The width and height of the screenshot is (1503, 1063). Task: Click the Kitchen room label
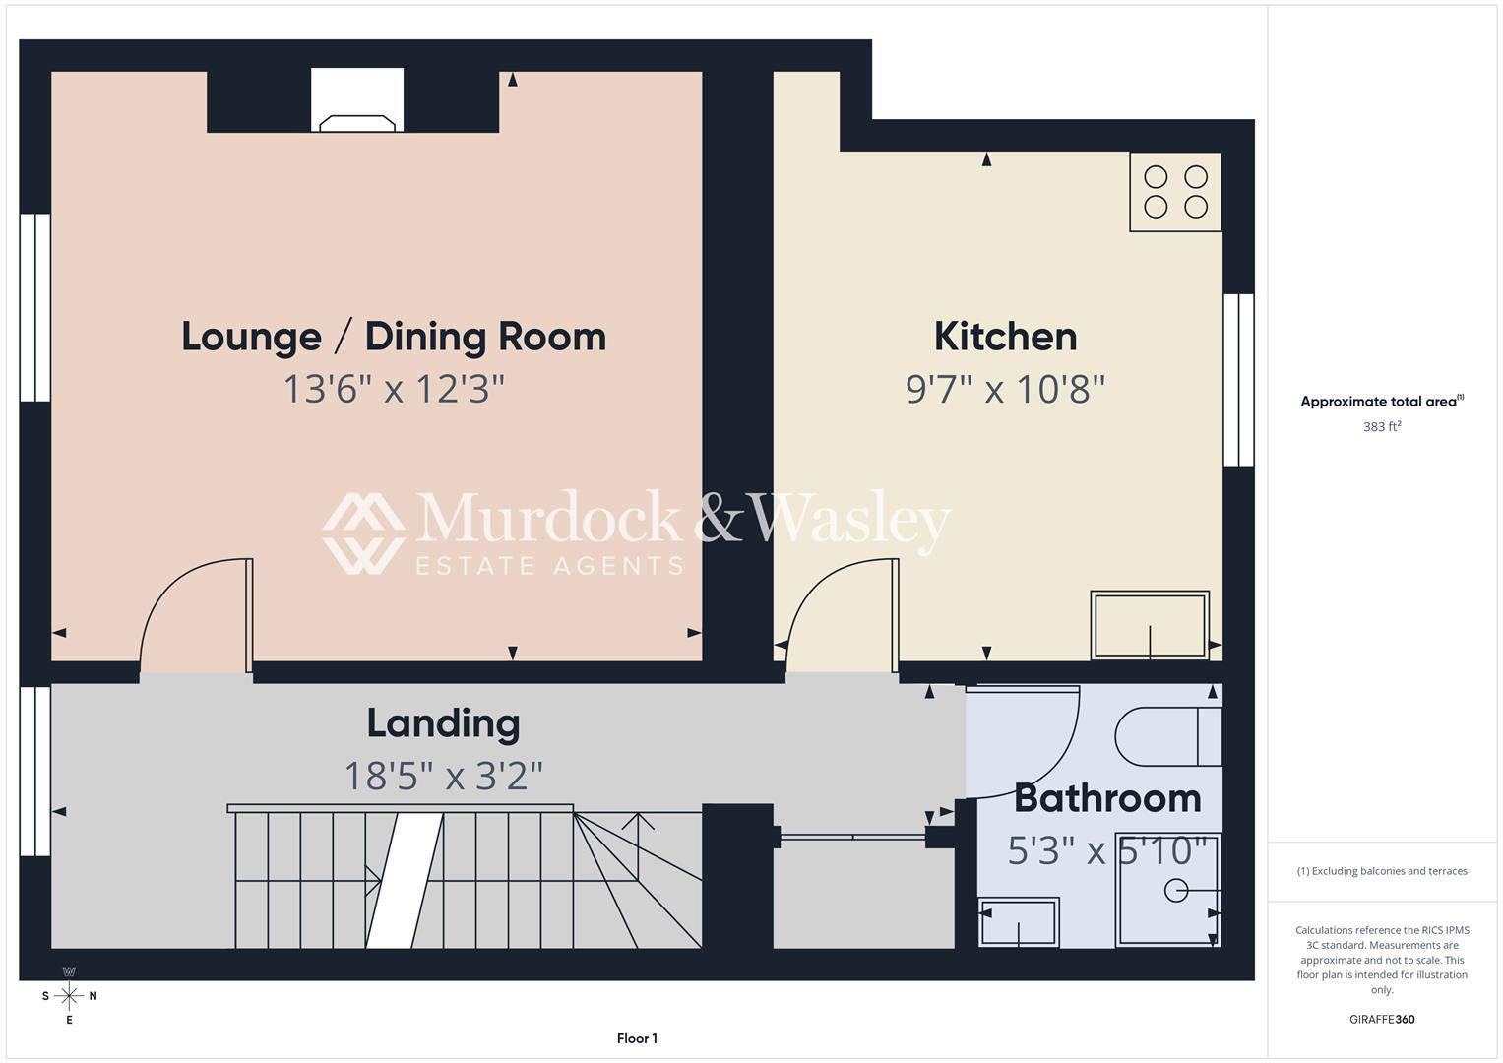click(x=1005, y=337)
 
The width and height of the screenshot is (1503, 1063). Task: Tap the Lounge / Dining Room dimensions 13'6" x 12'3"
click(x=394, y=389)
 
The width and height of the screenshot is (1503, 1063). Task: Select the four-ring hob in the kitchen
click(x=1175, y=193)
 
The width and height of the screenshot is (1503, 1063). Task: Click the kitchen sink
click(x=1150, y=625)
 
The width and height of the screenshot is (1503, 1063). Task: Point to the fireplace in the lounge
click(x=357, y=100)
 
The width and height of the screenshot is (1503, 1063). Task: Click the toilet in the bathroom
click(x=1168, y=736)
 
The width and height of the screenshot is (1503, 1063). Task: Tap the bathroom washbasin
click(x=1019, y=922)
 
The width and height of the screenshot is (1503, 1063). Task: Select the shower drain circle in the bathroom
click(x=1176, y=891)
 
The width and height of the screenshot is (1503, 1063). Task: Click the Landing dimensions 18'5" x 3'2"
click(x=444, y=776)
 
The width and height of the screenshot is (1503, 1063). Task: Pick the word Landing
click(x=444, y=724)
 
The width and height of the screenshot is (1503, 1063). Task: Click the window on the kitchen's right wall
click(x=1238, y=380)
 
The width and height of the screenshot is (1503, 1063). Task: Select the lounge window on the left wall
click(x=34, y=307)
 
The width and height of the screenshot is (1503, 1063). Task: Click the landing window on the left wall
click(x=34, y=771)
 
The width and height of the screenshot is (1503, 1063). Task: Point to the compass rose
click(x=69, y=996)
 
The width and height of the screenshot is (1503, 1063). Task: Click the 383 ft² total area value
click(x=1382, y=426)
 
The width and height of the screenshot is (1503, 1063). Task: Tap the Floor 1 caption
click(x=637, y=1038)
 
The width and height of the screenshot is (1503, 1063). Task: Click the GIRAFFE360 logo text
click(x=1382, y=1019)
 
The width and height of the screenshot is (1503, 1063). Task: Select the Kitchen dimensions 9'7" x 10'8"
click(x=1005, y=389)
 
